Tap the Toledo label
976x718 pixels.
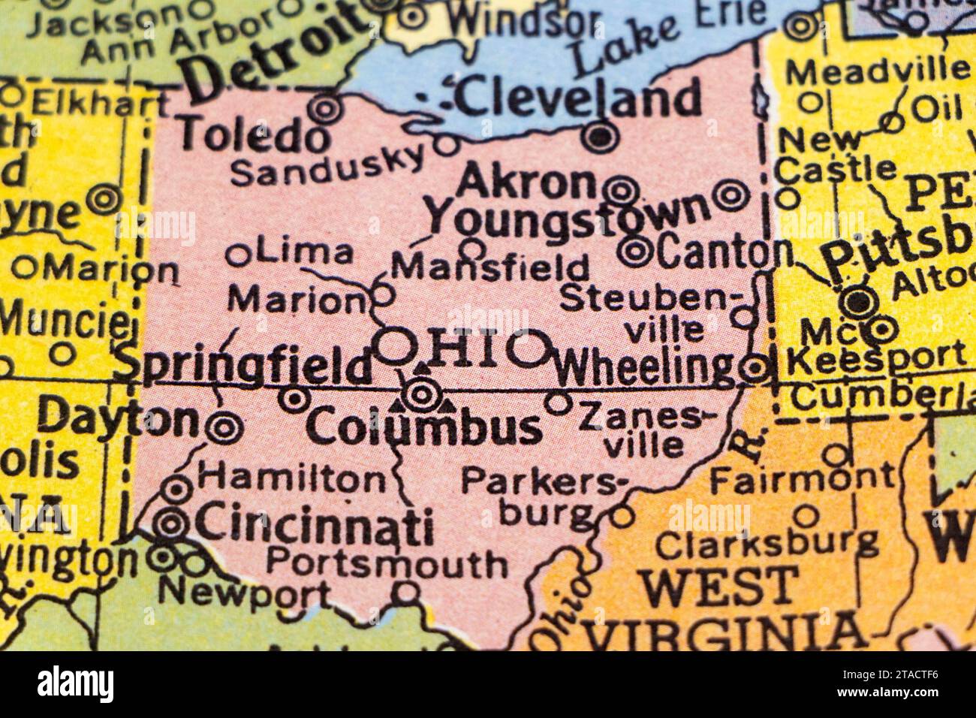coord(254,137)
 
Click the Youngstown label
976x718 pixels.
coord(567,213)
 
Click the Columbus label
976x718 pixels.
coord(424,429)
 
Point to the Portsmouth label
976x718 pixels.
coord(387,563)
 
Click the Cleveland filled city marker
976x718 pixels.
coord(601,136)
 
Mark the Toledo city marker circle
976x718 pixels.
coord(327,110)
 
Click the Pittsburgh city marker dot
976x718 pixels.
coord(856,302)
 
